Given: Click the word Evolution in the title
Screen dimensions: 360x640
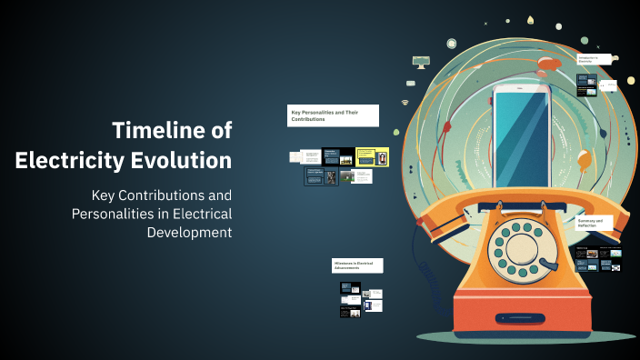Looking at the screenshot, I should point(188,162).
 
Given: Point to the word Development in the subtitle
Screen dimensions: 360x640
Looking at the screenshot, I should point(189,232).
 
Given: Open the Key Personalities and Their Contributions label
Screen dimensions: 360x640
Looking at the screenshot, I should point(333,115).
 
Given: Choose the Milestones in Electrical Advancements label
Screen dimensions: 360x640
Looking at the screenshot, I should point(357,265).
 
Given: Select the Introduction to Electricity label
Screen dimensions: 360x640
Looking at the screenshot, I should point(593,59).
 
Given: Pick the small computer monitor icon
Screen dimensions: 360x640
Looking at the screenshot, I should point(420,62).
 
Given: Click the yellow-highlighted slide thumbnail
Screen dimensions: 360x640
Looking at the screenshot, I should point(372,156).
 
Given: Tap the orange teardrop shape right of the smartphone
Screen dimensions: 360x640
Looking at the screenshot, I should point(585,162).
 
